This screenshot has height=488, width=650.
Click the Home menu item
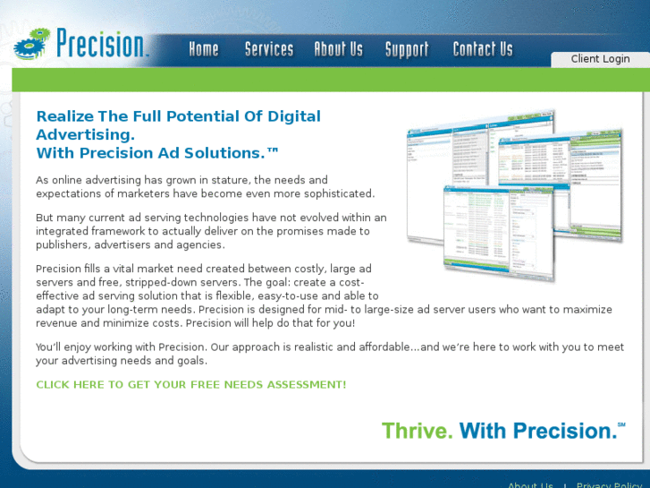(x=204, y=49)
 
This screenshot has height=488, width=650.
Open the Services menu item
(x=269, y=49)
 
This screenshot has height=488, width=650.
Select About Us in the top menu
(x=338, y=49)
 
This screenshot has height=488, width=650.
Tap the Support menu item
(x=407, y=49)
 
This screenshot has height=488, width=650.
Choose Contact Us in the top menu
(x=483, y=49)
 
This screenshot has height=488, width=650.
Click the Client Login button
(x=600, y=59)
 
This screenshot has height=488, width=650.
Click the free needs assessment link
(x=190, y=385)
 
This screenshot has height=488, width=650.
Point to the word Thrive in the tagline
(x=416, y=431)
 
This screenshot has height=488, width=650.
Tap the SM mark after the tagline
(x=621, y=424)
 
